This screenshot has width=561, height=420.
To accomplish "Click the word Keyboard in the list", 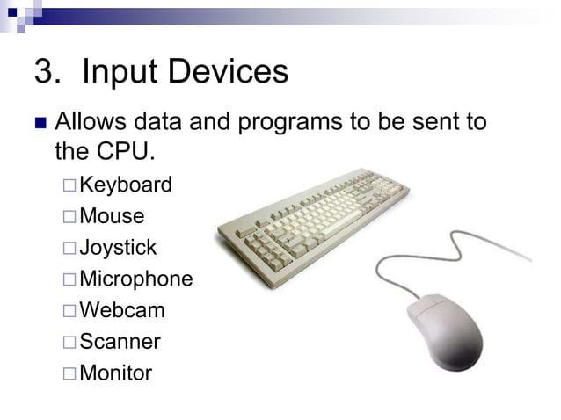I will coord(126,185).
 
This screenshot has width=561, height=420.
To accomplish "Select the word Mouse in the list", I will coord(112,216).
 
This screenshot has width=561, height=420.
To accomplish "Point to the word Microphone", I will coord(135,279).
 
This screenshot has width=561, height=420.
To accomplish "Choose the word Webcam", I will coord(121,310).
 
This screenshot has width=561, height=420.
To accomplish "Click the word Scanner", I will coord(120,341).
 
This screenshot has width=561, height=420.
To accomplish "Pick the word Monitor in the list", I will coord(115,373).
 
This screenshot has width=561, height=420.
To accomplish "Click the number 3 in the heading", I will coord(44,73).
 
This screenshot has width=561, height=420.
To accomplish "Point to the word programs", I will coord(283,121).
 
